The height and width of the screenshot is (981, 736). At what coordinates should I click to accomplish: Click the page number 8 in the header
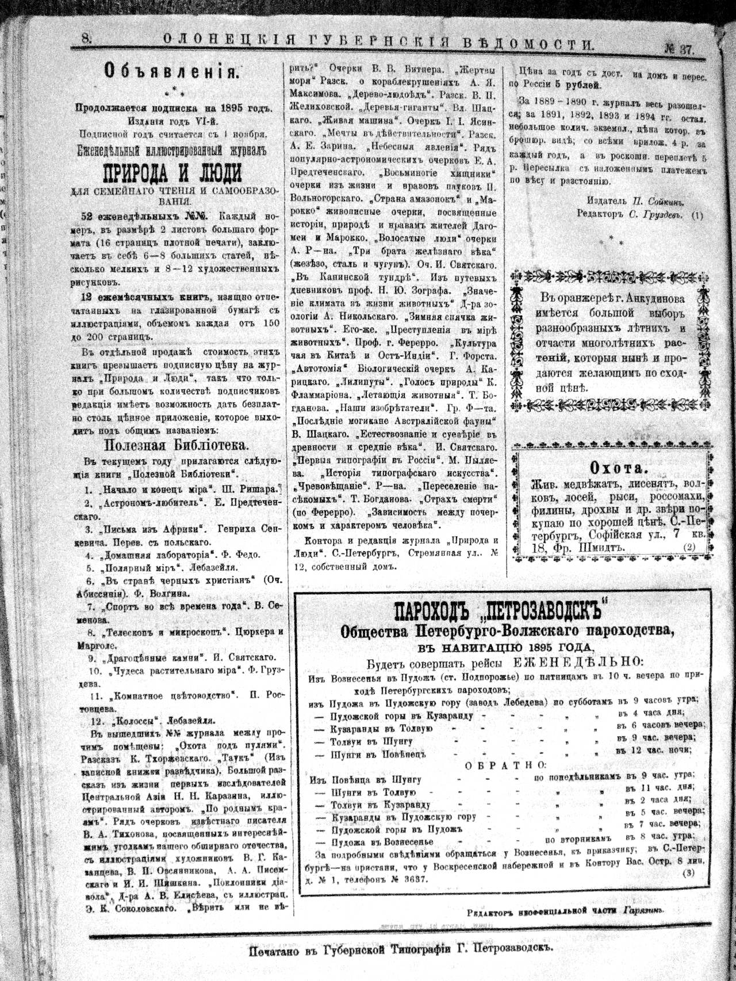click(87, 39)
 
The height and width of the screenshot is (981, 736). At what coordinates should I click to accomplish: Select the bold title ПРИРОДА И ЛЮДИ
click(171, 172)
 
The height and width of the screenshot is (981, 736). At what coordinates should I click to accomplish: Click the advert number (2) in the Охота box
click(690, 547)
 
